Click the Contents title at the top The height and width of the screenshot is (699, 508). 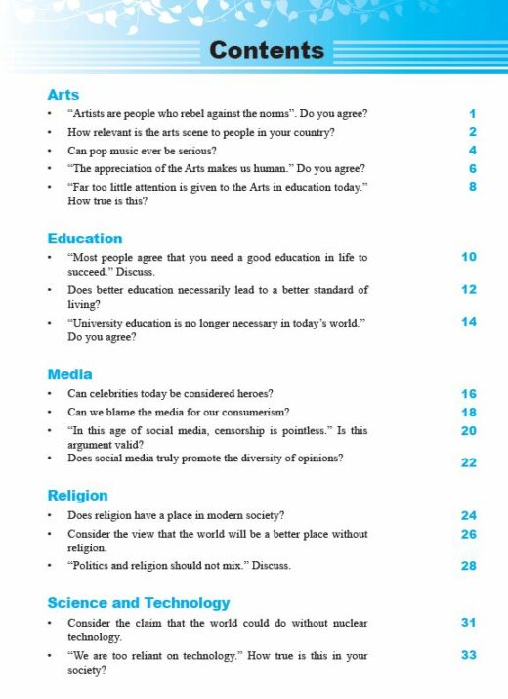click(267, 50)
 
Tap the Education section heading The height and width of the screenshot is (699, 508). click(85, 239)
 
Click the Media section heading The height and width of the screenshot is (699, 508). click(69, 374)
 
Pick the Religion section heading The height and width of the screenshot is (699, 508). click(77, 496)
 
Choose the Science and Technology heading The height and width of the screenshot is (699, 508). click(139, 603)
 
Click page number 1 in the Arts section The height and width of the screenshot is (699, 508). click(472, 114)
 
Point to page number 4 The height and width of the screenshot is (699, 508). click(472, 151)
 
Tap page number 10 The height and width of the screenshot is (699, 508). click(469, 257)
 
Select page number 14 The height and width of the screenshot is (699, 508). click(469, 322)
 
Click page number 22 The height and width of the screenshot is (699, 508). click(469, 462)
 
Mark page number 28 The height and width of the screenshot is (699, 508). click(469, 566)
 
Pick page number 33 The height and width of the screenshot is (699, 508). click(469, 655)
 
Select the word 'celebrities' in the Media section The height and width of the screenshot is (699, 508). click(119, 394)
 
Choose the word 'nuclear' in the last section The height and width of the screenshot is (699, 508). click(348, 623)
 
